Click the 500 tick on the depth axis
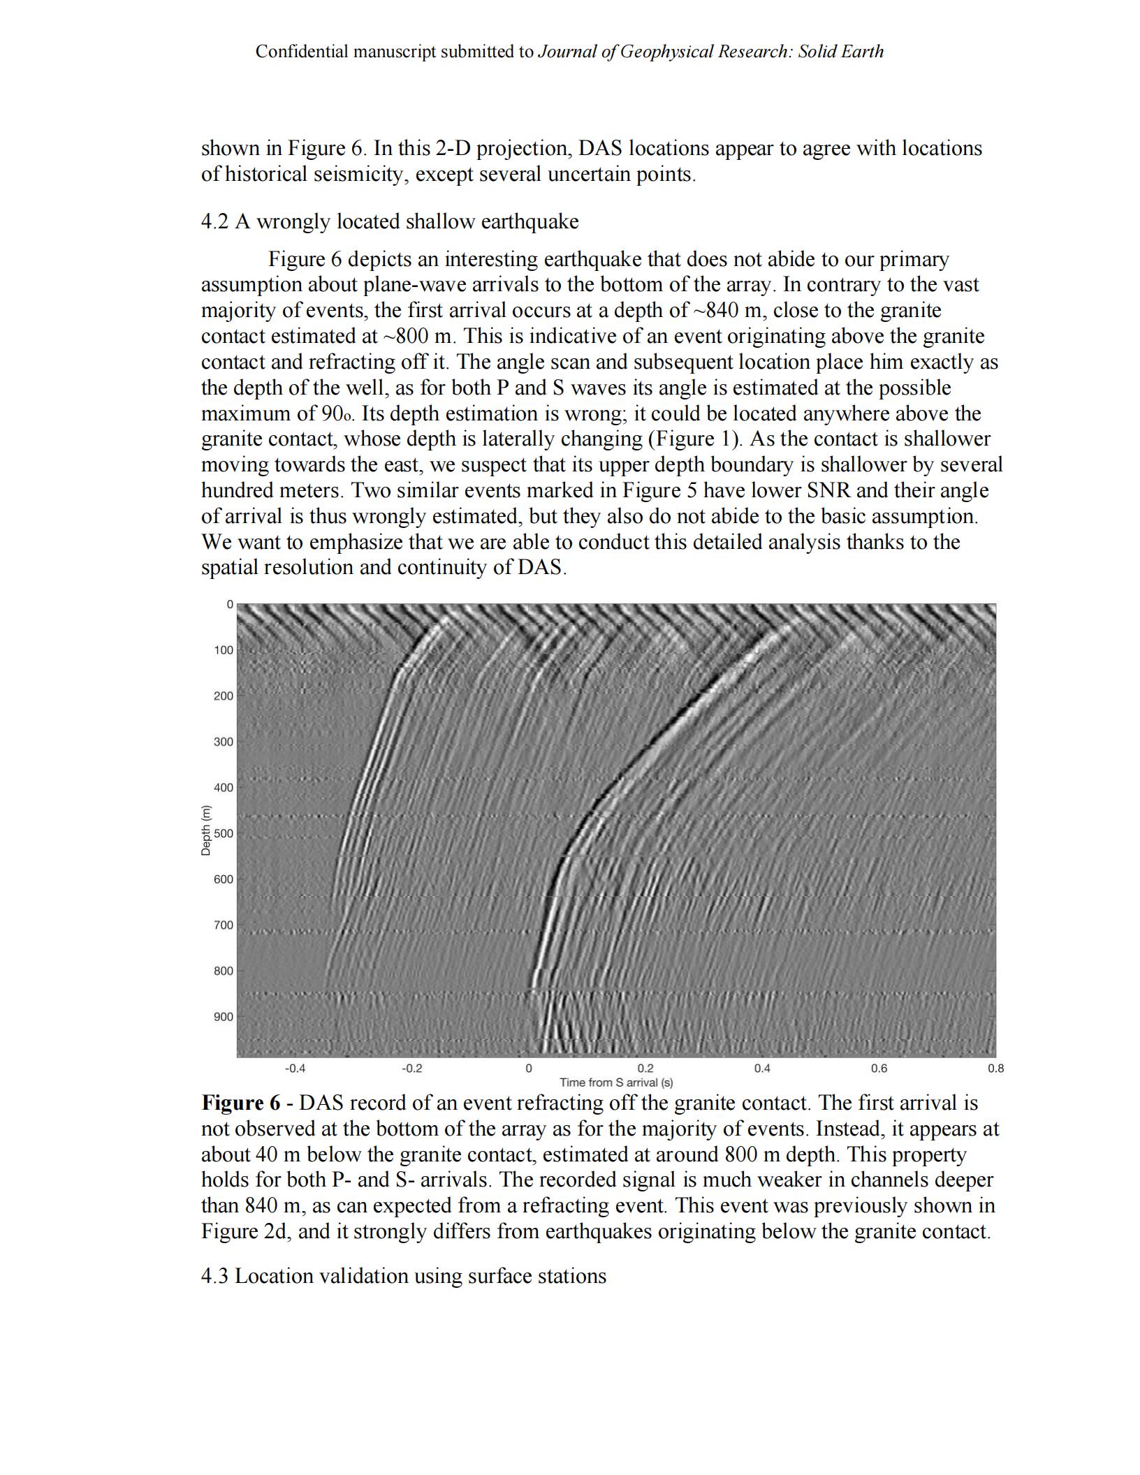point(224,833)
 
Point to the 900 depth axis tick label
point(224,1017)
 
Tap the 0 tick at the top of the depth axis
point(229,605)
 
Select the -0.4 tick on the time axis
point(295,1068)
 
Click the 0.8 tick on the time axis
point(995,1068)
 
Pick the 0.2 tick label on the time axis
point(645,1068)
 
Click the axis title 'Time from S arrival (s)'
point(616,1083)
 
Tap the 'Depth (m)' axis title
point(206,831)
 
